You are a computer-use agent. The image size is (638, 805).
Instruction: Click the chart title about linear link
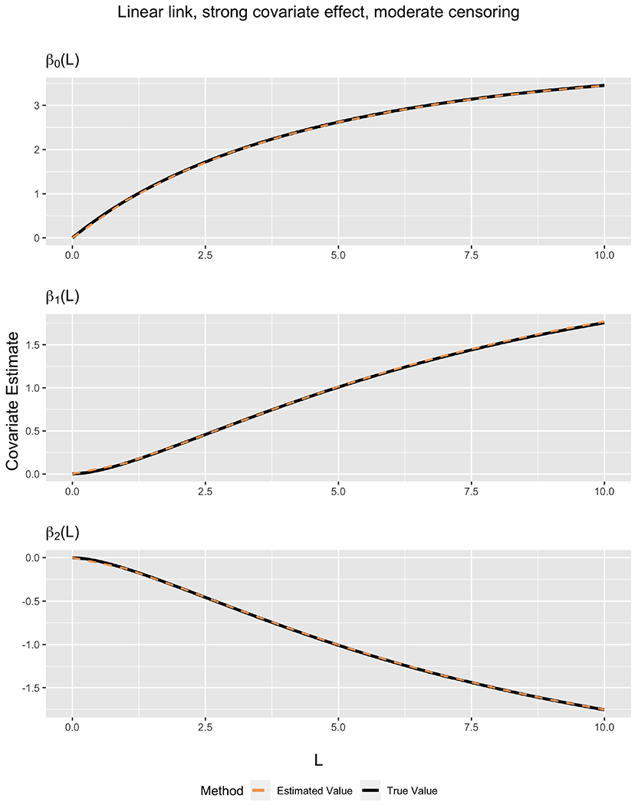pos(318,13)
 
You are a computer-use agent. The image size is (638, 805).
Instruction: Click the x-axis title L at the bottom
pos(318,759)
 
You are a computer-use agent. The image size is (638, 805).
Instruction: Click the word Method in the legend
pos(222,790)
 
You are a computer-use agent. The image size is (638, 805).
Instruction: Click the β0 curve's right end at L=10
pos(603,86)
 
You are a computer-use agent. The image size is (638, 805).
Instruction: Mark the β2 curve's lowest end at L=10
pos(603,709)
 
